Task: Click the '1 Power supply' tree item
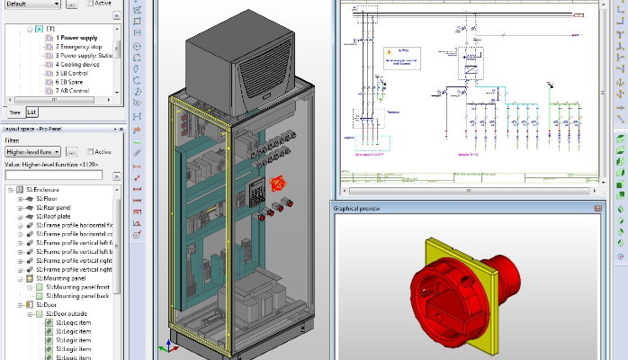(x=76, y=38)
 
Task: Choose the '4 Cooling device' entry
(x=77, y=65)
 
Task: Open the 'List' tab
(x=31, y=112)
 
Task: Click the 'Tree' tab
(x=14, y=112)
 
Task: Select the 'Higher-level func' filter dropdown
(x=32, y=152)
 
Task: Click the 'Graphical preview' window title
(x=357, y=208)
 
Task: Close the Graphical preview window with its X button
(x=597, y=208)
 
